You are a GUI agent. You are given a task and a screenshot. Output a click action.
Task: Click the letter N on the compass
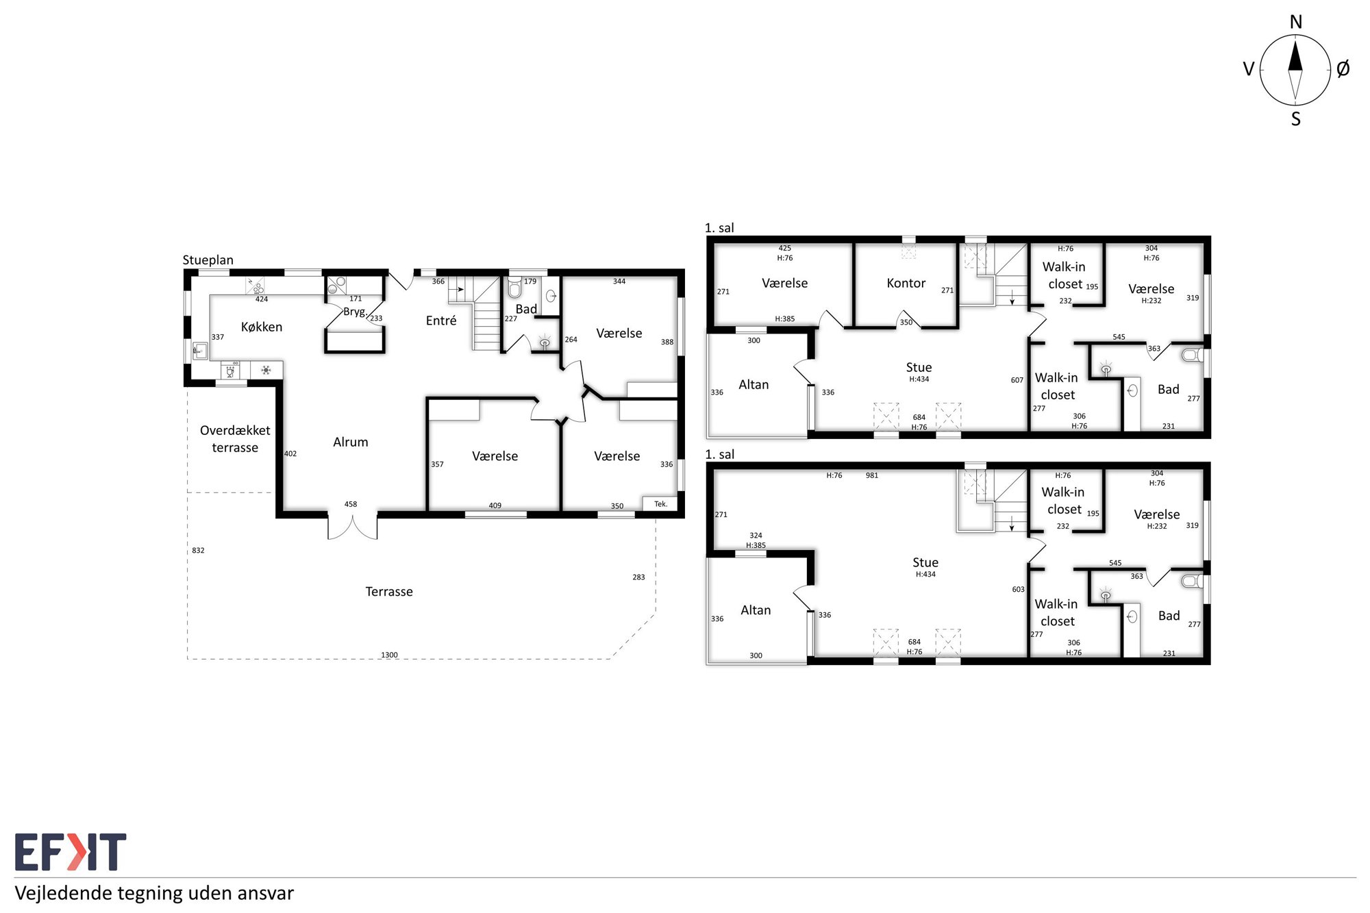(1295, 22)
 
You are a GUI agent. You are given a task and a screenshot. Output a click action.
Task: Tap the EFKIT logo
(71, 851)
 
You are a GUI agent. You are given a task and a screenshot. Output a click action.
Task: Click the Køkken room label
(262, 327)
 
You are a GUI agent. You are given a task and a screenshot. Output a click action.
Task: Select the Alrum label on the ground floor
(351, 442)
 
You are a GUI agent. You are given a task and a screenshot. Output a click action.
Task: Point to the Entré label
(441, 321)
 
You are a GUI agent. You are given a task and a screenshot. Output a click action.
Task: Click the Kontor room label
(906, 283)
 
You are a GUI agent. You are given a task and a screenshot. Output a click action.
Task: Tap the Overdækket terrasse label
(235, 438)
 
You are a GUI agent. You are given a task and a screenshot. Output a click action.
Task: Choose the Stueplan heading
(208, 260)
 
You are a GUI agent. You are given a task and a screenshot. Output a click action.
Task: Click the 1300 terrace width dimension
(389, 655)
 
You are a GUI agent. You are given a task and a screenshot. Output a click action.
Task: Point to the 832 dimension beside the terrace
(198, 550)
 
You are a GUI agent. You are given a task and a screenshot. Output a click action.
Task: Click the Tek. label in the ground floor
(660, 504)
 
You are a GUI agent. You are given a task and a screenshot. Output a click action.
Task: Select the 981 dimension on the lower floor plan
(871, 475)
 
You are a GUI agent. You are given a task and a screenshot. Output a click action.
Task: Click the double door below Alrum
(352, 526)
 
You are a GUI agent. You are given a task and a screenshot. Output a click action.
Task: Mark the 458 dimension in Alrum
(351, 504)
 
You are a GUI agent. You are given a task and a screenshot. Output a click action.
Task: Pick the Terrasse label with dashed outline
(389, 592)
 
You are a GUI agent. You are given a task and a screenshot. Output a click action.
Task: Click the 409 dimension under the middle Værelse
(495, 505)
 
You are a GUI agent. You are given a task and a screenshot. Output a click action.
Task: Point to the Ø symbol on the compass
(1343, 68)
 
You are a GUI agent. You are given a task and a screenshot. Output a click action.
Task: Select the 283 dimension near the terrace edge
(638, 577)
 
